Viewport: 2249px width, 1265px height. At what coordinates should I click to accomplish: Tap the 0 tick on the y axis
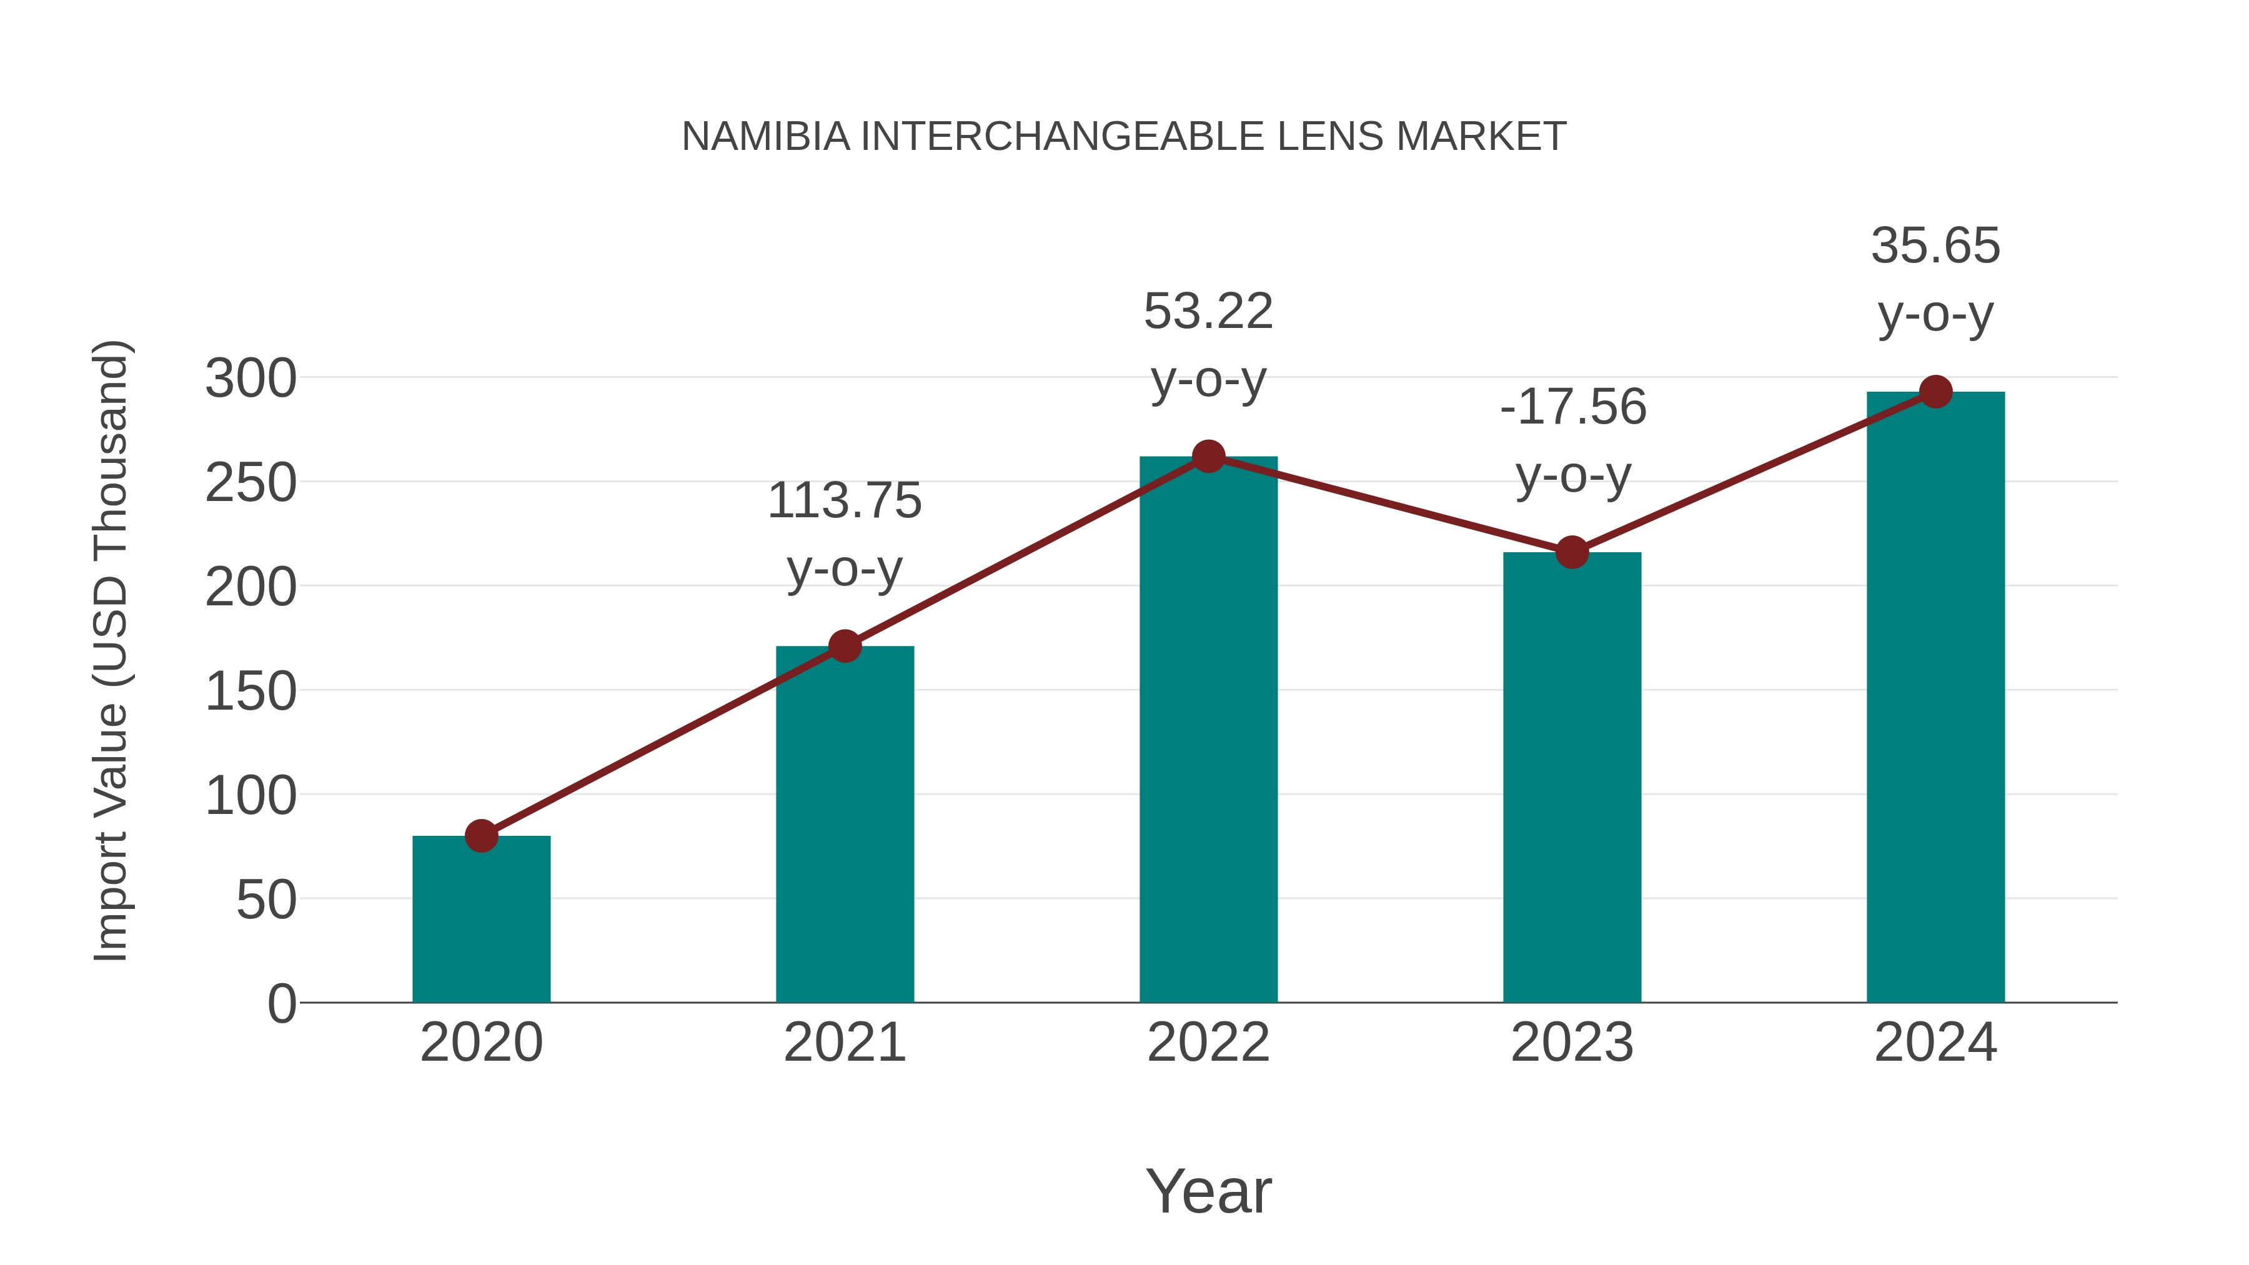(281, 1003)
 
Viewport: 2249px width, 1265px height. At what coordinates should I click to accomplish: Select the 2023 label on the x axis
(1572, 1043)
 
